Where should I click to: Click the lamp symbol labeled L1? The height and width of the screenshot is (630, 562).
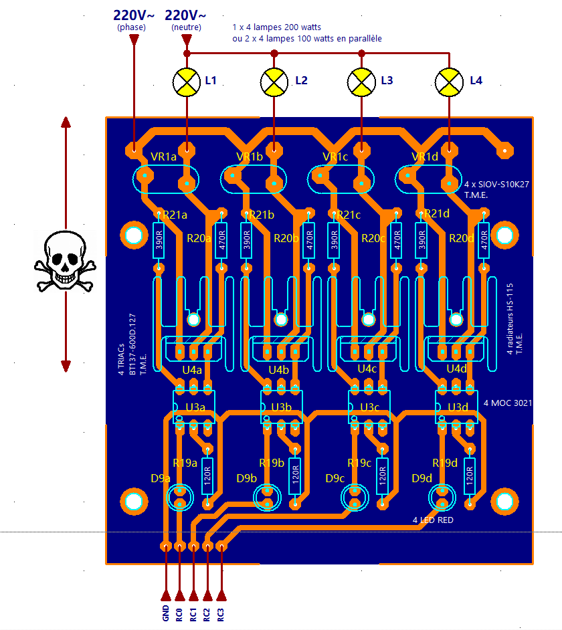(187, 81)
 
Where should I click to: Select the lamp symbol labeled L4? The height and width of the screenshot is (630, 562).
(448, 81)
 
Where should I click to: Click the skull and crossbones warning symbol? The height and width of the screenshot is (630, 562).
(65, 261)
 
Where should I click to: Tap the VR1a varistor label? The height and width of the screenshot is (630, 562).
(164, 157)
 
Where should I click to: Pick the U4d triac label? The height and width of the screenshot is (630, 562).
(456, 369)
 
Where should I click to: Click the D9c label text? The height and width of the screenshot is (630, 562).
(335, 478)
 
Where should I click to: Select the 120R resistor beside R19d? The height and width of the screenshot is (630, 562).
(470, 475)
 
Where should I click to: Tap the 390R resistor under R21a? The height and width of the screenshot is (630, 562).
(159, 239)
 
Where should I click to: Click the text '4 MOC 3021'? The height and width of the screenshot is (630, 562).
(506, 404)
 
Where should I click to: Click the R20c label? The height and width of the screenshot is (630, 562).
(373, 237)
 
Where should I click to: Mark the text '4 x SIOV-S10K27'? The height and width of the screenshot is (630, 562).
(495, 183)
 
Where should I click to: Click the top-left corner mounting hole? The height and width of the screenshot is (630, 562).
(133, 235)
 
